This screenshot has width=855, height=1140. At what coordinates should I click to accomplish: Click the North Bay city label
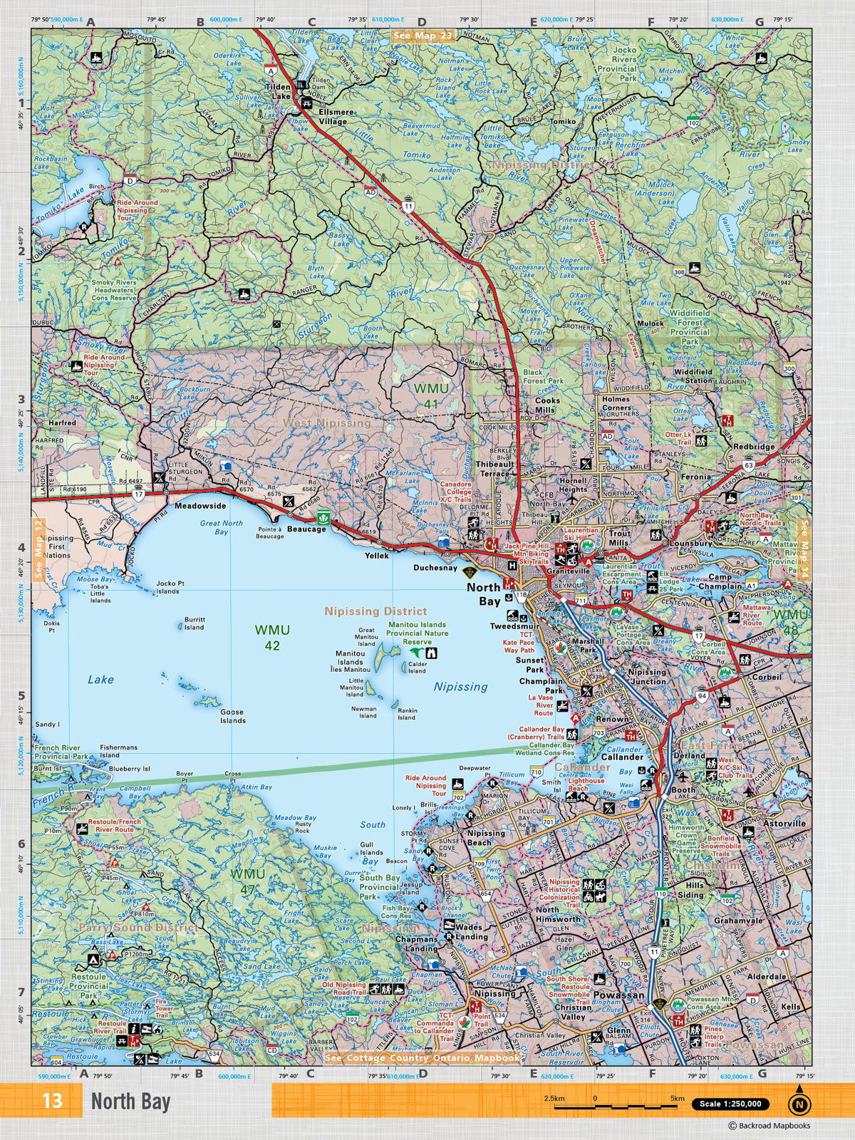484,594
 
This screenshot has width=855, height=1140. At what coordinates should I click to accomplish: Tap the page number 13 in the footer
52,1101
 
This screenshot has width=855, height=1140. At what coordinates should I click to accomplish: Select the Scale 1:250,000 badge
730,1104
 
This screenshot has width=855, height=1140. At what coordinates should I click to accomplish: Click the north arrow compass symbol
799,1104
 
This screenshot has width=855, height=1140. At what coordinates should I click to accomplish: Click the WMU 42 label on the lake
272,637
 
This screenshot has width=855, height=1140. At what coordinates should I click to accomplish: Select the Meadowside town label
200,506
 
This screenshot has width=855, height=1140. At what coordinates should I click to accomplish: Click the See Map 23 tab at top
423,36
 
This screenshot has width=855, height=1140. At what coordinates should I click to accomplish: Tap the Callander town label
622,757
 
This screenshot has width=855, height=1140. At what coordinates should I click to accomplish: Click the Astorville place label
784,823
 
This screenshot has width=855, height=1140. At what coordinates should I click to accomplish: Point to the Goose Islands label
232,715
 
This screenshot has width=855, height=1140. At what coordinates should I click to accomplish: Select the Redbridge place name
754,447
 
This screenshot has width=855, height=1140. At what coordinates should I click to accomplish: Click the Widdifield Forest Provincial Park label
690,327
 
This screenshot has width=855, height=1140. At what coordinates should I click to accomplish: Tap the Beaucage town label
306,529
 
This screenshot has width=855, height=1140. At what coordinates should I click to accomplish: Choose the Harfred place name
62,423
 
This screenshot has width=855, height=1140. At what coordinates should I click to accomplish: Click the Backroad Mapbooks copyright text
769,1126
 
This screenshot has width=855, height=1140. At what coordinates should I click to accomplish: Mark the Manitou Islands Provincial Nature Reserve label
418,633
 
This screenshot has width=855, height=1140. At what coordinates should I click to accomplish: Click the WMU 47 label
248,880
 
